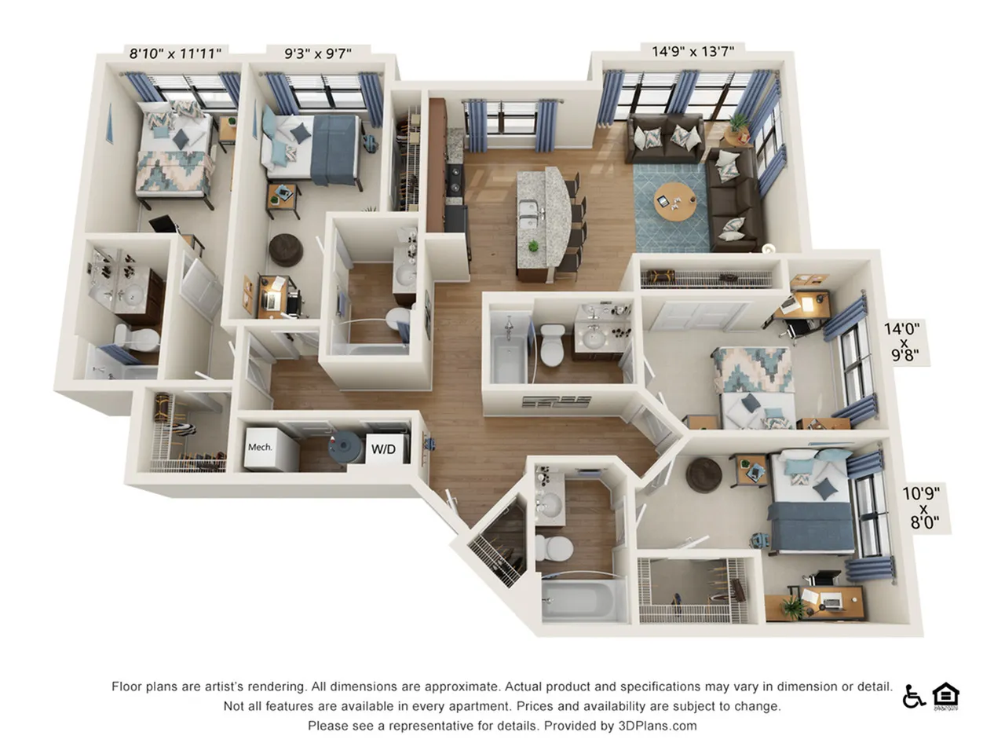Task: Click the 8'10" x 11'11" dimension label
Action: tap(175, 53)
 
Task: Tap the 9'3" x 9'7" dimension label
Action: tap(317, 53)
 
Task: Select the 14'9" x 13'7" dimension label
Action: tap(693, 51)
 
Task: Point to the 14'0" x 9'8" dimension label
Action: tap(902, 343)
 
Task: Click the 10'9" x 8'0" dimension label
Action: tap(920, 507)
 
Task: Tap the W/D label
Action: tap(383, 449)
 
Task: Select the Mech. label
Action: tap(260, 447)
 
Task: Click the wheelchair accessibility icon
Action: tap(913, 696)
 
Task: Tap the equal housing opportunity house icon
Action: tap(946, 696)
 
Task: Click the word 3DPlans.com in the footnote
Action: tap(658, 726)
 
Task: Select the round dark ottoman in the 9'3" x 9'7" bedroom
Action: tap(286, 249)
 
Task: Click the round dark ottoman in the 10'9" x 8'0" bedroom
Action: tap(703, 474)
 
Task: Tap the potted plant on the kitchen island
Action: tap(534, 246)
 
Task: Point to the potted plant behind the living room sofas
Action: tap(738, 123)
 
